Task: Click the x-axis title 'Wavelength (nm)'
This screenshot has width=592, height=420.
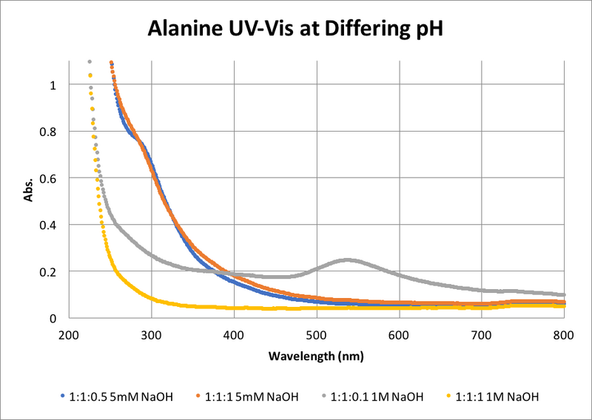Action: click(x=316, y=356)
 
